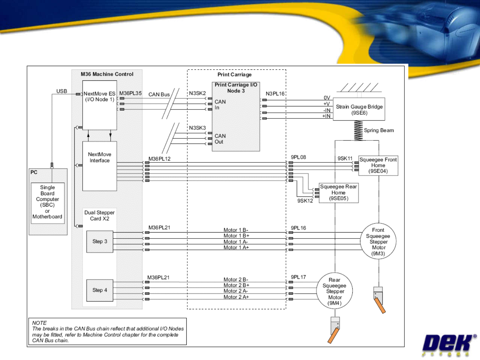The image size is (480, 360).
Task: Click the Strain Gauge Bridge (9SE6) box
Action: click(x=359, y=109)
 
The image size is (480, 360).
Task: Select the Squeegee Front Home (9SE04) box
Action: click(x=378, y=165)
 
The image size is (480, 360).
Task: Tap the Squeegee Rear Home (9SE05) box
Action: click(x=338, y=193)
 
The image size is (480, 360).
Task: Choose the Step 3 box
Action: click(x=100, y=242)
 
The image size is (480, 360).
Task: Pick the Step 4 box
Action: click(x=100, y=290)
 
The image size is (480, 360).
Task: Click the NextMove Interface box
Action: click(x=99, y=166)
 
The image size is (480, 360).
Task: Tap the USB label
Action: click(x=62, y=91)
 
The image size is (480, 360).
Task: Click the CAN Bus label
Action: click(x=159, y=94)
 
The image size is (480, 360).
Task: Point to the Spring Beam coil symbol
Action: click(x=358, y=130)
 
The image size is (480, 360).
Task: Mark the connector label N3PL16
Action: click(x=275, y=94)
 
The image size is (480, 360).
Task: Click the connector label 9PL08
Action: click(x=298, y=157)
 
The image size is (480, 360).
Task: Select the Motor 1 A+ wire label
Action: click(x=236, y=248)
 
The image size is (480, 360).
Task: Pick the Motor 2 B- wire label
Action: click(x=236, y=280)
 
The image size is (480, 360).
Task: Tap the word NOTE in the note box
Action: click(x=39, y=323)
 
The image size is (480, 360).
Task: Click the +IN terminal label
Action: click(x=326, y=116)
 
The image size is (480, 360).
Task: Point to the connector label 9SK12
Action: click(x=305, y=201)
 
